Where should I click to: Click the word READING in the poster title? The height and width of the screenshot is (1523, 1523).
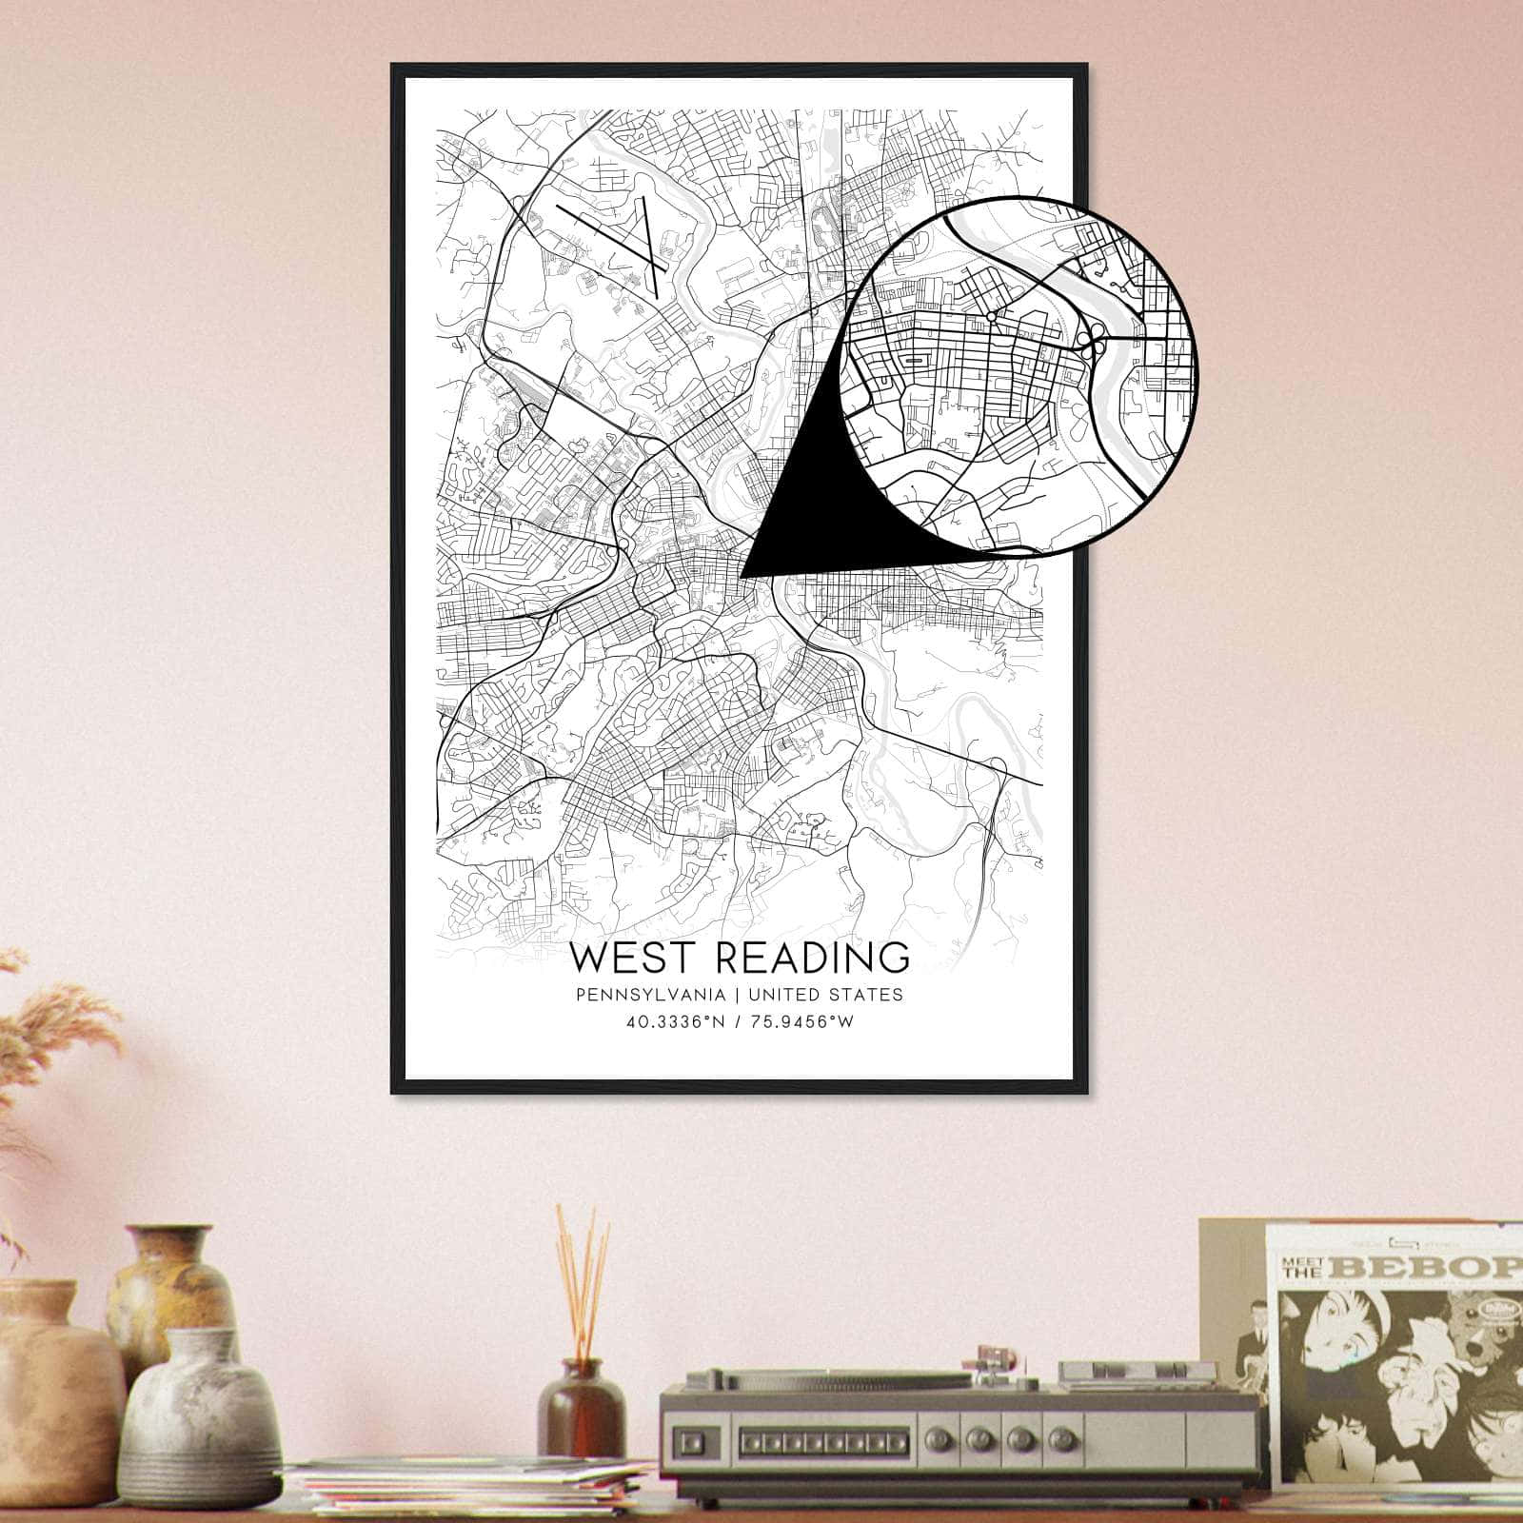click(812, 957)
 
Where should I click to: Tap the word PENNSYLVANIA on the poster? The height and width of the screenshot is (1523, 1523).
click(646, 995)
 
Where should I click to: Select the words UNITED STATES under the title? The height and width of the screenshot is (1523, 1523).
click(826, 995)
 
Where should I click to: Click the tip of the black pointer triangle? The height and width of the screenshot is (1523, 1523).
click(742, 576)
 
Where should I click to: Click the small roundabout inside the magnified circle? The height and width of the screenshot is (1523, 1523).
click(991, 316)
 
